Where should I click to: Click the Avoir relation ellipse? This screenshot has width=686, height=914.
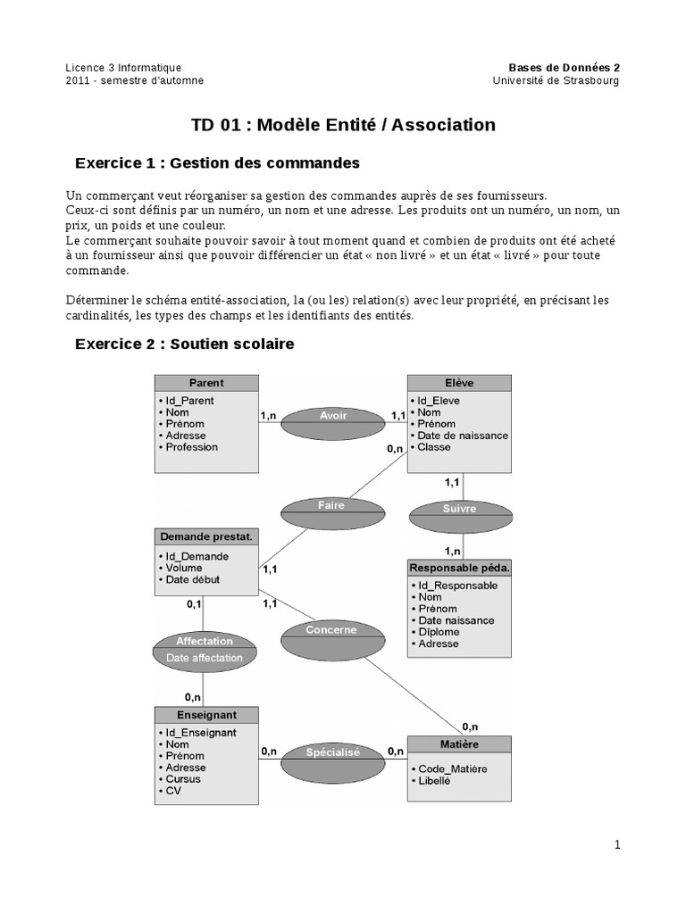tap(332, 422)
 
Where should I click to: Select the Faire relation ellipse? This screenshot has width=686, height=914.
tap(330, 511)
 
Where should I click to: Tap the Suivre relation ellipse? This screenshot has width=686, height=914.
tap(460, 516)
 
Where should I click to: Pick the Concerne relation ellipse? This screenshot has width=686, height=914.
tap(331, 636)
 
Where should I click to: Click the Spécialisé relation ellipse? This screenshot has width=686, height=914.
tap(332, 760)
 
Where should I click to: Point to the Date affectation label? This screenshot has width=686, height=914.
tap(205, 658)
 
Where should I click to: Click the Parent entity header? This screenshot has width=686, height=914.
tap(206, 383)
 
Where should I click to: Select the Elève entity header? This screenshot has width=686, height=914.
tap(460, 383)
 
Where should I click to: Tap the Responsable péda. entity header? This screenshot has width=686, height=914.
tap(460, 568)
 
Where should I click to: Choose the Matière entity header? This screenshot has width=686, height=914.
tap(460, 744)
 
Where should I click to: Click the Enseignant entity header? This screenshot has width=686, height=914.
tap(206, 715)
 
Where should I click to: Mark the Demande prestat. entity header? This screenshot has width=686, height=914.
tap(206, 536)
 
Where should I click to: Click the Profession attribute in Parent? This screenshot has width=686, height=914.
tap(191, 447)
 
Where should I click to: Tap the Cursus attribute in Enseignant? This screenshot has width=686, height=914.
tap(183, 779)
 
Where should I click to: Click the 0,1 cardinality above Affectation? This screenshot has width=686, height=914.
tap(194, 604)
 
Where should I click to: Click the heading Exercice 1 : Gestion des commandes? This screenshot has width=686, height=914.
tap(217, 163)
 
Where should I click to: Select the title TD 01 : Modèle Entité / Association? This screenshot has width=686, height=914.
tap(343, 125)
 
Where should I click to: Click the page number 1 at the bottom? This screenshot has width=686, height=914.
tap(616, 844)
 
